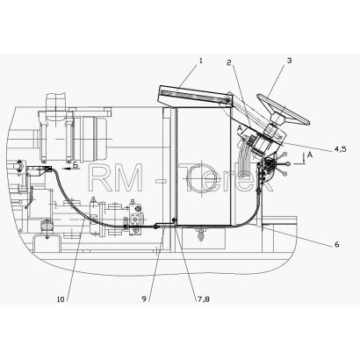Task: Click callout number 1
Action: click(x=201, y=61)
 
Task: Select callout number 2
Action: click(x=229, y=62)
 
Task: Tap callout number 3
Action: click(x=289, y=61)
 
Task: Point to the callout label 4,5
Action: click(x=340, y=149)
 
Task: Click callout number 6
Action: click(x=337, y=244)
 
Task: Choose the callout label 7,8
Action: click(x=202, y=299)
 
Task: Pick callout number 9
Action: click(x=144, y=299)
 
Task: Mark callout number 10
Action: click(x=61, y=299)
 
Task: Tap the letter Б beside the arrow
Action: click(x=76, y=165)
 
